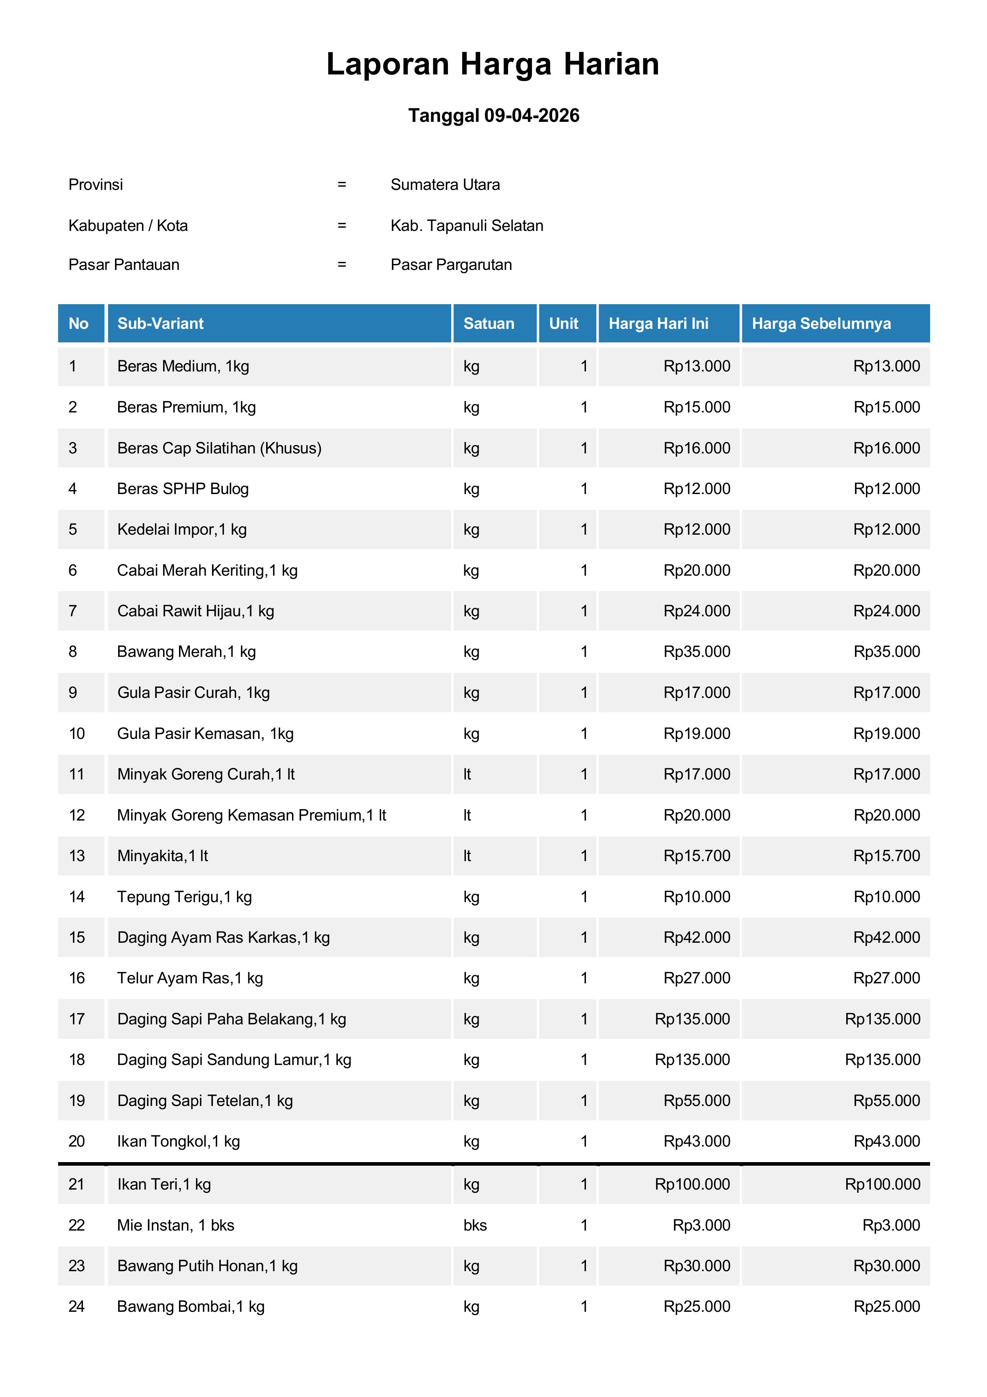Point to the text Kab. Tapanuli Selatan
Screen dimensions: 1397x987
[x=466, y=226]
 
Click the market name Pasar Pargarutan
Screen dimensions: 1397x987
[x=451, y=265]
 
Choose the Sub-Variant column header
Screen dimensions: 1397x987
[x=161, y=324]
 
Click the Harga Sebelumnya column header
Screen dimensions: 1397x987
[x=821, y=324]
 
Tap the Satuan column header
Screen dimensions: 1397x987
[x=489, y=324]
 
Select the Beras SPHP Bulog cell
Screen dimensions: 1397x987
[x=183, y=488]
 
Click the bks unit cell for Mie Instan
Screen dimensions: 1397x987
[x=475, y=1225]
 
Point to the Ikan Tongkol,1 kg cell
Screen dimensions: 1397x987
[x=178, y=1141]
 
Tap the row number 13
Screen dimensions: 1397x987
[x=77, y=856]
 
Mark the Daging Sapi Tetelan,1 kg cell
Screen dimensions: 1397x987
[x=205, y=1101]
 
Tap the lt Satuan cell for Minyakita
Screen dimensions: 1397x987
[x=467, y=856]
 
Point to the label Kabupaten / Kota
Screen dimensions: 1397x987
[x=128, y=226]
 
